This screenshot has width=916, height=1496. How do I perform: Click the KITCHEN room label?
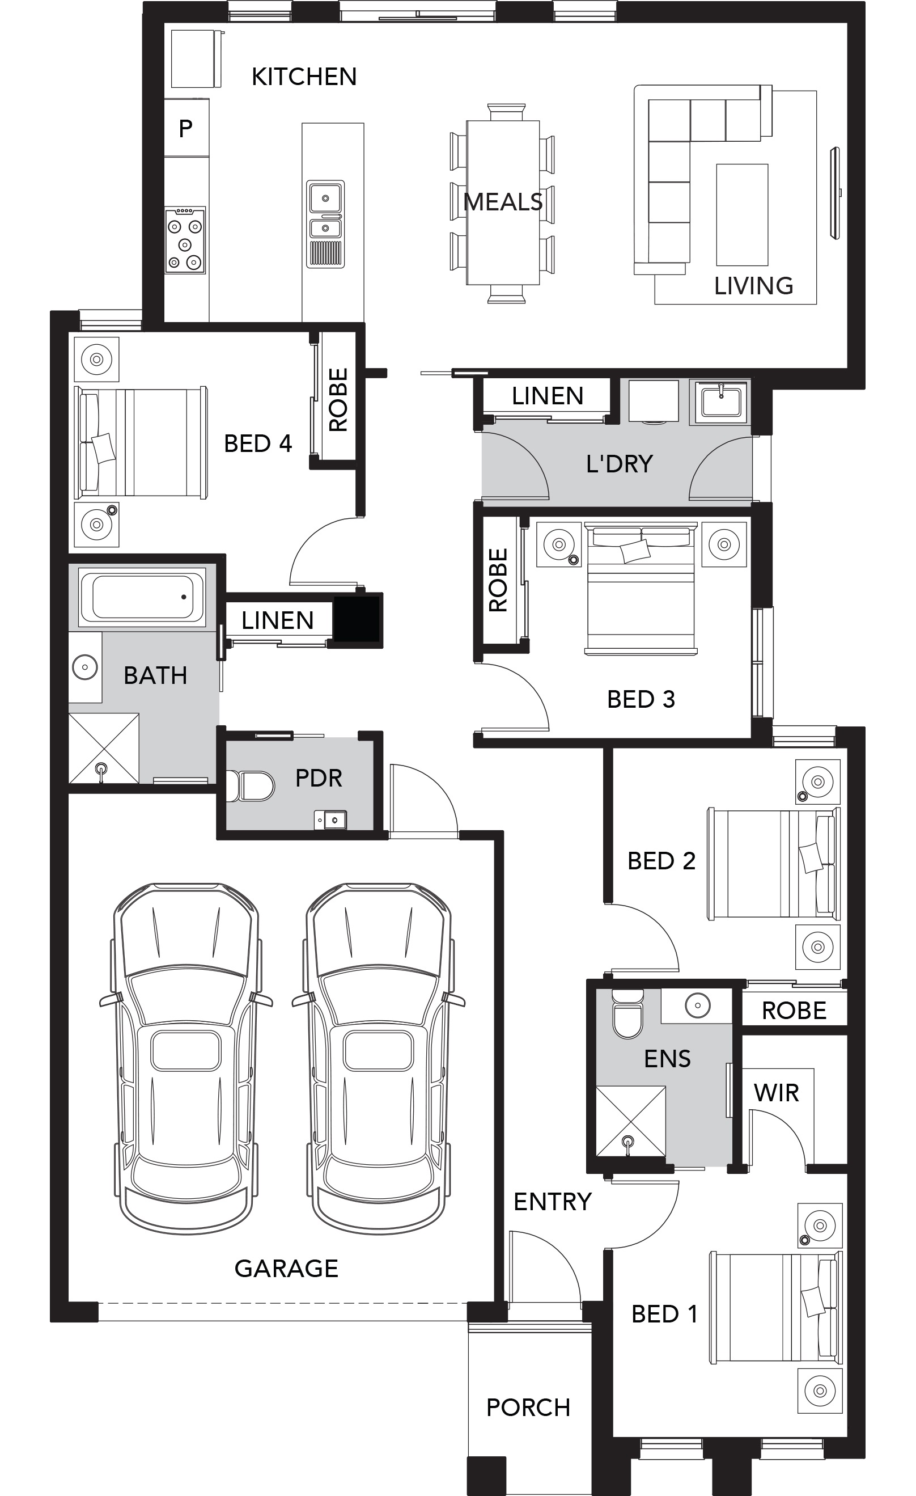coord(304,77)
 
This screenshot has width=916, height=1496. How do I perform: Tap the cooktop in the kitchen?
coord(185,240)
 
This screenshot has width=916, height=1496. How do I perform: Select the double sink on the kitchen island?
coord(325,223)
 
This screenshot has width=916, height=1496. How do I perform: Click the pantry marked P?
coord(186,128)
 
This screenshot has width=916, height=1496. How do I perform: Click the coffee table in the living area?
coord(742,215)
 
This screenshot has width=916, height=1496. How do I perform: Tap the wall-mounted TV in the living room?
coord(836,193)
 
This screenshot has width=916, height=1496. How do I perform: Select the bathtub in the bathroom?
coord(142,597)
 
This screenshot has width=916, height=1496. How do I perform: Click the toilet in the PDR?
coord(249,785)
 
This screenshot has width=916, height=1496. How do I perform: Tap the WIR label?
coord(776,1093)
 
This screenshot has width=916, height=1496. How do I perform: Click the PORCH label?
coord(528,1408)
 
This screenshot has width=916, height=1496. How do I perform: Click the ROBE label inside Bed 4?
coord(338,399)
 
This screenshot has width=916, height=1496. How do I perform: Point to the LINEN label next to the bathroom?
coord(277,620)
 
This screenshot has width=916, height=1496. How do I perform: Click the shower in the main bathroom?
coord(104,748)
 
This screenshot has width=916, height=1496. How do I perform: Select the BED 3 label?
coord(641,699)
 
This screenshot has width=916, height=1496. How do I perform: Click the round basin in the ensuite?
coord(697,1005)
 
